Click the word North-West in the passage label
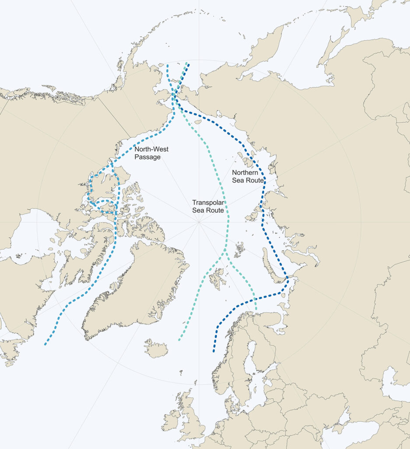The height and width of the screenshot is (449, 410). click(x=151, y=150)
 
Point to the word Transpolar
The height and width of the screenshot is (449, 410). click(x=208, y=203)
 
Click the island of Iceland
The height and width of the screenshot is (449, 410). click(x=156, y=349)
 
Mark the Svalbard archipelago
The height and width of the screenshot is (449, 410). click(x=217, y=278)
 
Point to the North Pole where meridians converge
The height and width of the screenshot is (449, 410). click(x=199, y=222)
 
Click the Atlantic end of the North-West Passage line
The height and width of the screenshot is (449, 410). click(x=45, y=345)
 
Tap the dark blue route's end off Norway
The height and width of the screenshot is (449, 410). click(x=214, y=351)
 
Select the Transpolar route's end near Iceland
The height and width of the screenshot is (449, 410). click(x=179, y=340)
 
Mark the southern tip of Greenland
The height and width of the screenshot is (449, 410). click(x=86, y=338)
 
